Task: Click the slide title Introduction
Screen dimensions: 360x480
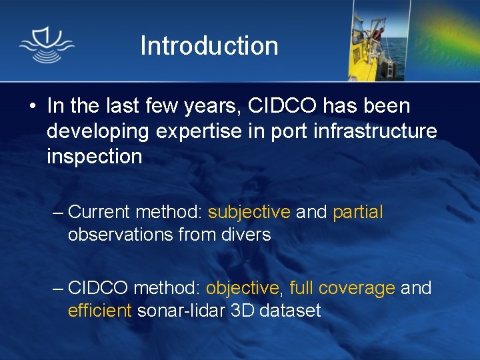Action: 209,46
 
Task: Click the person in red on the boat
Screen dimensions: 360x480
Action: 378,33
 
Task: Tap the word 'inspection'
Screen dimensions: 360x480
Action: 94,157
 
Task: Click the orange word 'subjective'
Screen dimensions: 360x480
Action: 249,213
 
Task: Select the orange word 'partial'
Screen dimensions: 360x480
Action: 357,213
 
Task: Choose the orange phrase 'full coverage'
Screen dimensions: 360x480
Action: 342,289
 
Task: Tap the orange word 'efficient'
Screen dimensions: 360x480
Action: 99,311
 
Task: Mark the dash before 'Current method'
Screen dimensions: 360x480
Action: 58,213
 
